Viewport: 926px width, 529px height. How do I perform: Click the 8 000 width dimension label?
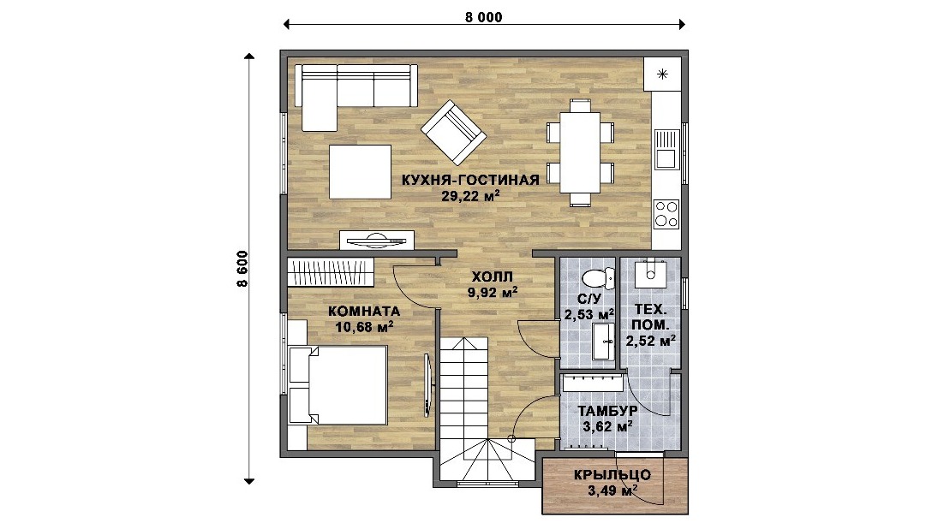484,17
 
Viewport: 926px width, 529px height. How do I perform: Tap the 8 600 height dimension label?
242,269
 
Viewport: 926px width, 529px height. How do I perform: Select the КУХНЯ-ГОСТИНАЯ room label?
470,180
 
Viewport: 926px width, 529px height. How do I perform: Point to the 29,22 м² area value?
470,196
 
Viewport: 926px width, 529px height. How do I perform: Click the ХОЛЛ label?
492,276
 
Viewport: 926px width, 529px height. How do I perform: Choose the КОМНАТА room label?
364,311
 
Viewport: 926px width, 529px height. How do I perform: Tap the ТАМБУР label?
607,411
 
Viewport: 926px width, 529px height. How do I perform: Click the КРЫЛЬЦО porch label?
612,475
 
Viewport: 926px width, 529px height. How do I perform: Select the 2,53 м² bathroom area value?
588,315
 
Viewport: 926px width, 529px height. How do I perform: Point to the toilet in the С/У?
598,276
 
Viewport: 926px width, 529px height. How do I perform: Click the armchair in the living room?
453,132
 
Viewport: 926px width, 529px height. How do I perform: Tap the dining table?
580,152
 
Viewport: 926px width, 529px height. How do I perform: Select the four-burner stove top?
666,214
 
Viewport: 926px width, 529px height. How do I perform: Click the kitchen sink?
666,150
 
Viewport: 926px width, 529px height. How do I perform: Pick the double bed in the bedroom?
338,385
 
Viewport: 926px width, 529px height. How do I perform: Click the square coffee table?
361,172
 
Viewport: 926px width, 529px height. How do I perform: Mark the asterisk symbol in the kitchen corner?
663,74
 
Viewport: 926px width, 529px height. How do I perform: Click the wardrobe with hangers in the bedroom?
331,272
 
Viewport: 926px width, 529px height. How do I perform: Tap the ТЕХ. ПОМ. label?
651,317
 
